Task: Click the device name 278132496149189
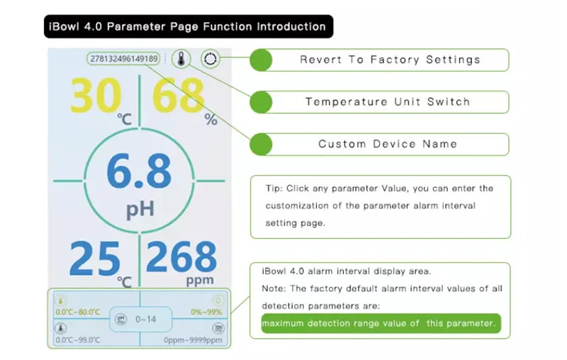click(x=123, y=59)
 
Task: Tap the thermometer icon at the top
click(x=183, y=59)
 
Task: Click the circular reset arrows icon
click(x=210, y=59)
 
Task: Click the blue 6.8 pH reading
click(x=139, y=172)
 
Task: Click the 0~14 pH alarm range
click(x=146, y=319)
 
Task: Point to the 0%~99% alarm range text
click(x=206, y=312)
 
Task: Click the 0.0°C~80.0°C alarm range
click(x=78, y=312)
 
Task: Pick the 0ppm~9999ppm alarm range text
click(x=193, y=339)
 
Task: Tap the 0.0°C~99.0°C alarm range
click(x=78, y=339)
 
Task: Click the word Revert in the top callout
click(x=320, y=60)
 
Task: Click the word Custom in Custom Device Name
click(x=342, y=144)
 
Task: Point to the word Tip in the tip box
click(x=274, y=189)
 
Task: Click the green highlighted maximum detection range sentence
click(x=376, y=323)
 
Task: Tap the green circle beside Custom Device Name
click(x=262, y=144)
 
